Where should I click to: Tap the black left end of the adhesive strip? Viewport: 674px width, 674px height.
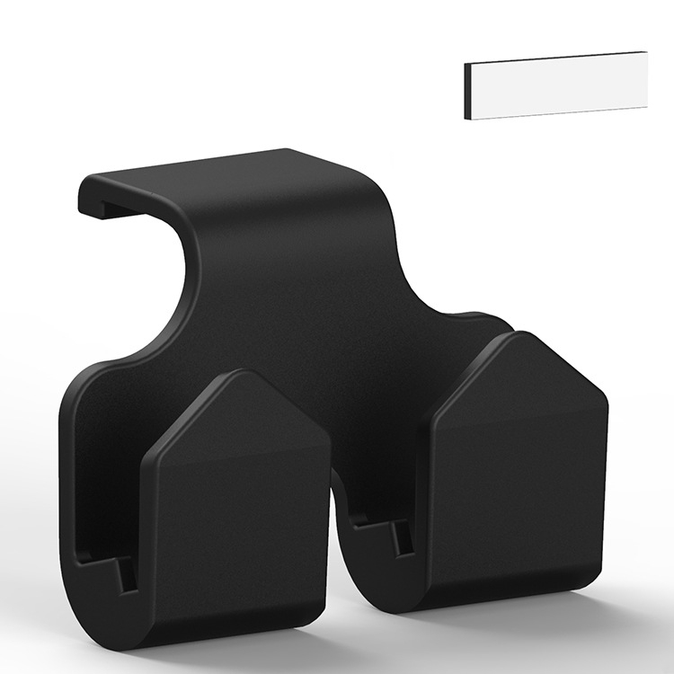point(468,93)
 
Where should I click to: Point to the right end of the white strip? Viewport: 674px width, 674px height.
point(643,80)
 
